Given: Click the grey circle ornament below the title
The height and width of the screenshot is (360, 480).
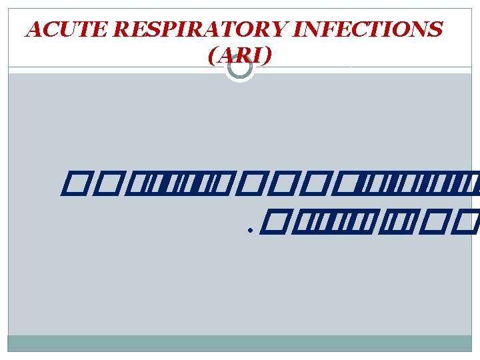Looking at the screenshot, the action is point(239,66).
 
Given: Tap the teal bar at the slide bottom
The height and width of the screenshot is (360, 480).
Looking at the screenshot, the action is point(239,343).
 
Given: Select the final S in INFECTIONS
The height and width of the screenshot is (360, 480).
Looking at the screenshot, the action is point(435,30).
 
